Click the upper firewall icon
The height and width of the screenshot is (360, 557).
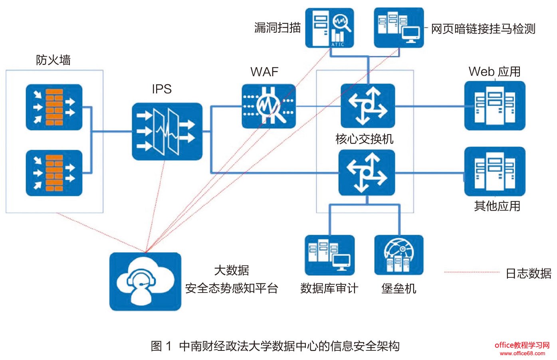[x=54, y=107]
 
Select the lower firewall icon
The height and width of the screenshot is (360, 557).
[x=54, y=173]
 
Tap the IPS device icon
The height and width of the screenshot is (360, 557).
[x=167, y=132]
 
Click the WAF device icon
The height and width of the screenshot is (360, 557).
[x=269, y=106]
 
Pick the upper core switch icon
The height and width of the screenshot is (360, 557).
[x=368, y=106]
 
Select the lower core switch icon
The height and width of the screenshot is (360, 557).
[x=367, y=172]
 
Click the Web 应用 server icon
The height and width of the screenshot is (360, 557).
[x=495, y=106]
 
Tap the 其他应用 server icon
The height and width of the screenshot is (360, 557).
[x=495, y=172]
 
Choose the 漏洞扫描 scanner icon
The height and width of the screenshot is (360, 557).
[x=329, y=28]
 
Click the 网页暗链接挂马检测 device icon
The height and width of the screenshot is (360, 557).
[x=398, y=28]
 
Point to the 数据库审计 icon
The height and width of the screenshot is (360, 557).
[x=329, y=255]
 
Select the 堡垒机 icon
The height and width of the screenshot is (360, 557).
[x=398, y=255]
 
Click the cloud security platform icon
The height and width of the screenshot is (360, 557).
[x=145, y=281]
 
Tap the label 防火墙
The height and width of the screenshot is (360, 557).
[x=53, y=60]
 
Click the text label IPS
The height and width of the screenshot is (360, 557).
[x=162, y=89]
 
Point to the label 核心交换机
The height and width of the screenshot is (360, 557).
[x=364, y=139]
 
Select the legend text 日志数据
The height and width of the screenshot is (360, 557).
[x=528, y=273]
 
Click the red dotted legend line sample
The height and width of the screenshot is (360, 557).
[x=472, y=272]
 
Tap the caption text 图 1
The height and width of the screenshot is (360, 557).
[x=161, y=346]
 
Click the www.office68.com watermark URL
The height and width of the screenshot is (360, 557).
[x=522, y=353]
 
